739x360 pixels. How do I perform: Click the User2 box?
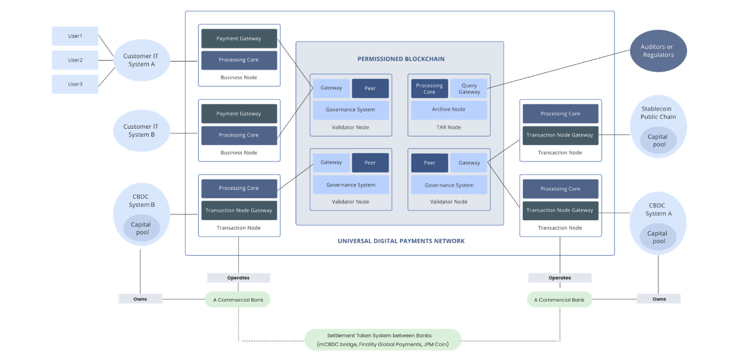click(75, 60)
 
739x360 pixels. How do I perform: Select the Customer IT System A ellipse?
click(141, 60)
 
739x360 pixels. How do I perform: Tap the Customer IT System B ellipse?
click(141, 130)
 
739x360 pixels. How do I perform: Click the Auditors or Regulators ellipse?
click(658, 51)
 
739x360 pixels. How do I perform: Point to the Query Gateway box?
click(469, 89)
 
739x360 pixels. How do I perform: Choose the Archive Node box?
click(449, 110)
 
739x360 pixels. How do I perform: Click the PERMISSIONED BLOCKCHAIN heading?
click(401, 59)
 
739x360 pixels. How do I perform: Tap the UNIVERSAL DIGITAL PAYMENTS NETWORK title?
click(401, 241)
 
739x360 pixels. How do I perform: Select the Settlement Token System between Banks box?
click(383, 340)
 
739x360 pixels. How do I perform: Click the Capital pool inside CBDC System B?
click(142, 228)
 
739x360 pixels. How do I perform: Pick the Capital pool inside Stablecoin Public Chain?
click(658, 140)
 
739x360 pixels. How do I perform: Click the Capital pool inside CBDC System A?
click(658, 237)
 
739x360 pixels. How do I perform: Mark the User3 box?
click(75, 84)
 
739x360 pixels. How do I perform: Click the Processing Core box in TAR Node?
click(430, 89)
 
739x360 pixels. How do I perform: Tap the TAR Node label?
click(449, 127)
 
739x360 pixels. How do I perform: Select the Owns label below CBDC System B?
click(140, 299)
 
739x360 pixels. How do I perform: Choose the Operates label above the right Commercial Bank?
click(559, 278)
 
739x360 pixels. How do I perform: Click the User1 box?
click(75, 36)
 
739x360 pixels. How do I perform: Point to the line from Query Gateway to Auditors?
click(558, 69)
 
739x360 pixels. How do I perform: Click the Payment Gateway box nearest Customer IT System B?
click(239, 114)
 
